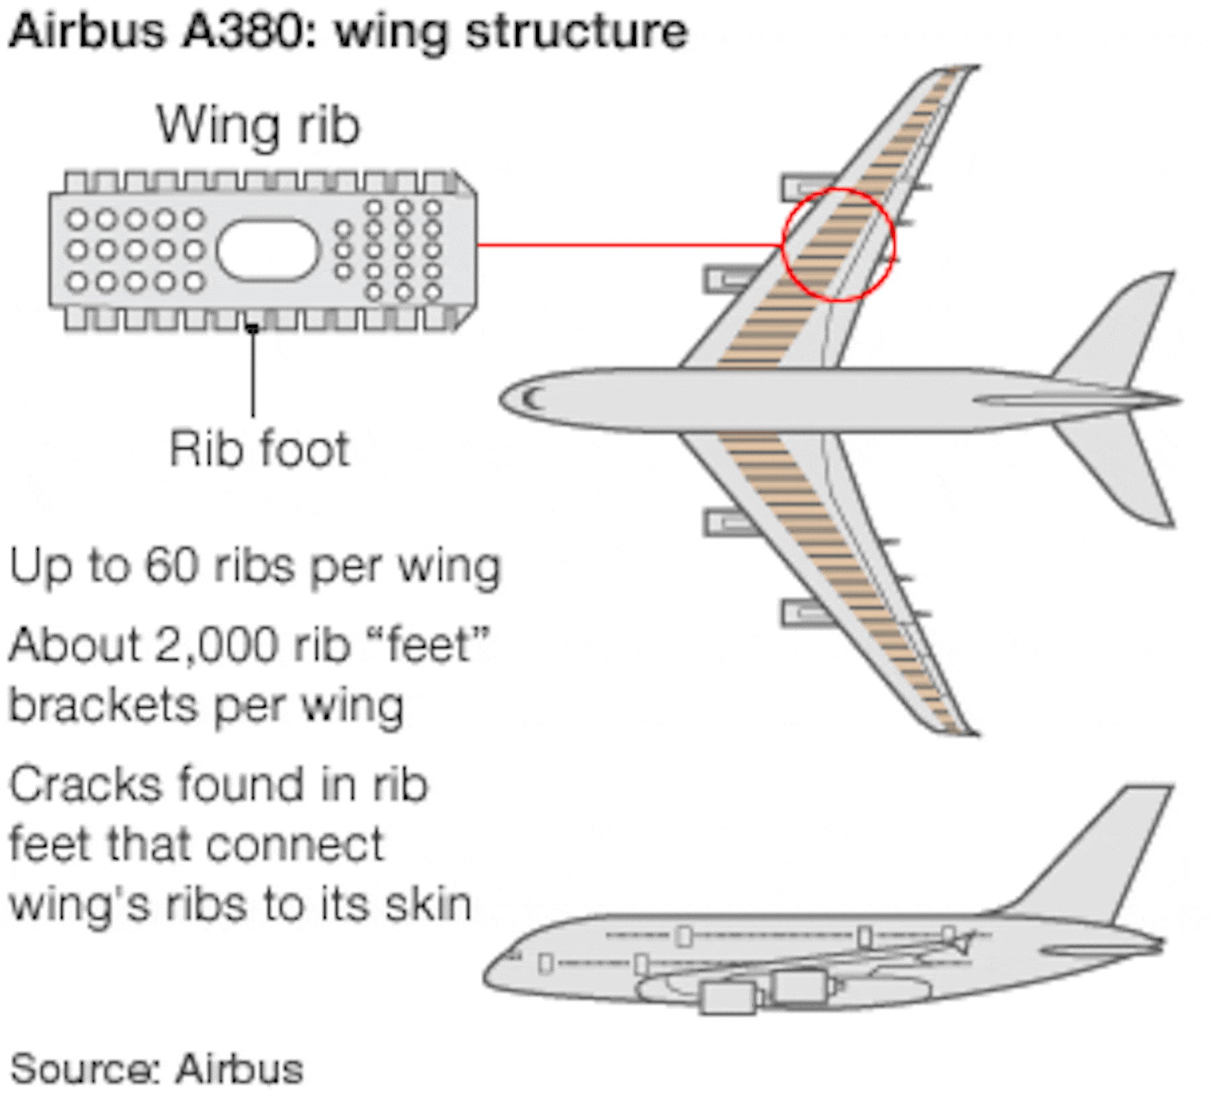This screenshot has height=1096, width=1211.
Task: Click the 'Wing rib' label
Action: (258, 126)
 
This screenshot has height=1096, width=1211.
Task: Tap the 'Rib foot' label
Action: (259, 449)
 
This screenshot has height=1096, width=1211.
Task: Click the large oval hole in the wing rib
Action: (267, 250)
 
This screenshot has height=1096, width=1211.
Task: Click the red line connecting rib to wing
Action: (629, 245)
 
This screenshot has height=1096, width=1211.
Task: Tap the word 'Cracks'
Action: (86, 785)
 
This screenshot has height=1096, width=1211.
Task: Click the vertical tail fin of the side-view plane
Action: (1103, 848)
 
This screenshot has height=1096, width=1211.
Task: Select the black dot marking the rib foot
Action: (253, 328)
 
